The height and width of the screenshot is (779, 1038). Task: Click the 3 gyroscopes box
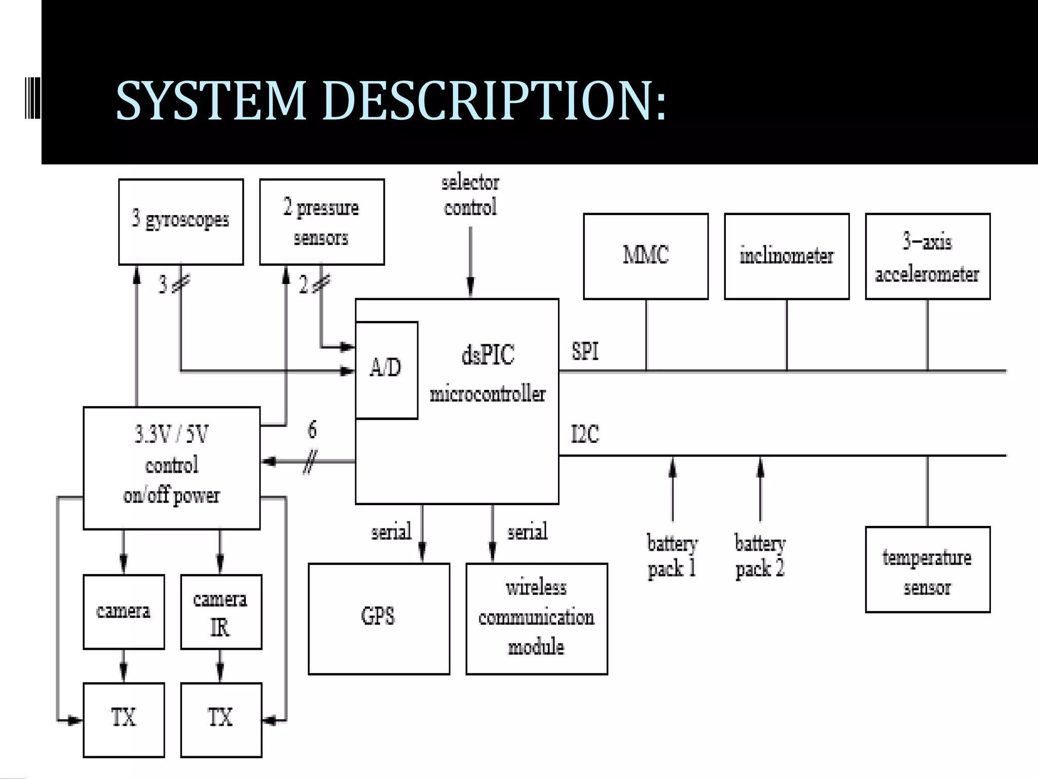(x=181, y=222)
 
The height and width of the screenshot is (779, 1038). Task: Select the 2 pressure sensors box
(x=322, y=222)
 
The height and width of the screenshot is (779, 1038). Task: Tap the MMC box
(x=646, y=256)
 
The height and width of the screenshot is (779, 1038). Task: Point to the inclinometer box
(x=787, y=256)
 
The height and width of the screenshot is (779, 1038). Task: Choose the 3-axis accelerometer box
(x=928, y=256)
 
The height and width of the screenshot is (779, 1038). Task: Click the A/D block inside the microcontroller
(x=386, y=369)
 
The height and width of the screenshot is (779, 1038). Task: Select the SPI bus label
(x=585, y=351)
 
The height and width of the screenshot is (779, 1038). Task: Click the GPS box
(x=379, y=618)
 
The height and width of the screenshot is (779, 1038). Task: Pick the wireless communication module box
(x=536, y=618)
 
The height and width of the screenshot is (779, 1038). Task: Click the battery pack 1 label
(x=672, y=556)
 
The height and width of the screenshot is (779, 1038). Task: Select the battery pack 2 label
(x=760, y=556)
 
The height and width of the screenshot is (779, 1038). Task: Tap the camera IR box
(x=221, y=612)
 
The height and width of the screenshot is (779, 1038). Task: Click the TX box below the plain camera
(x=124, y=720)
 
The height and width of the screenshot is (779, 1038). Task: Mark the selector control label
(x=470, y=195)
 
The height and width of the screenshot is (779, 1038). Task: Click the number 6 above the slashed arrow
(x=312, y=430)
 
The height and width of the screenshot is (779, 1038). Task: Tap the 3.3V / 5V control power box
(x=171, y=468)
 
